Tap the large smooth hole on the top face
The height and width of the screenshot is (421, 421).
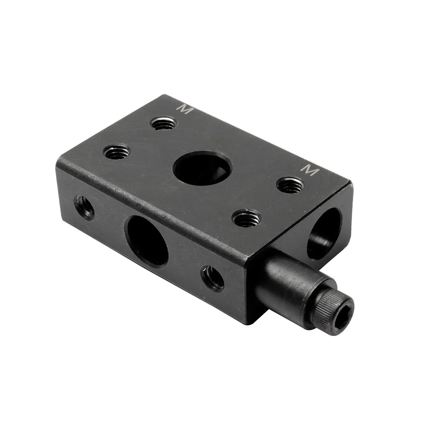pos(202,170)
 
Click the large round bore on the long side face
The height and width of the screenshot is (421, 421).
pos(148,241)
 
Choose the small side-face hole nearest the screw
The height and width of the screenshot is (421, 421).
pos(212,279)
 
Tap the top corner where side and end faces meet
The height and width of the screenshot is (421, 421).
pos(247,254)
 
